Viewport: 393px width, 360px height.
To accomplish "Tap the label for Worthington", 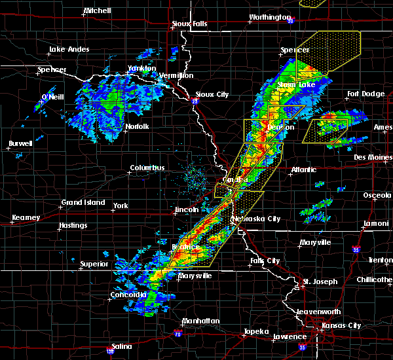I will [269, 18].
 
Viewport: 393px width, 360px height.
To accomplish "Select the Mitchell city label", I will [97, 11].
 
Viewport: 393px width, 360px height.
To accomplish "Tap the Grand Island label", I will [83, 202].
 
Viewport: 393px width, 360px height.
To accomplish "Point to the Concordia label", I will [128, 295].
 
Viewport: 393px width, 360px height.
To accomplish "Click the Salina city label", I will [121, 346].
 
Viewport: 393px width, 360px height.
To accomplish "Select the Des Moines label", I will [371, 157].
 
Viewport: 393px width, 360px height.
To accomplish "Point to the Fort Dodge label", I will [366, 94].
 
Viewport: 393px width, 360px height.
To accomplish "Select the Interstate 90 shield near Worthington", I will [290, 20].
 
